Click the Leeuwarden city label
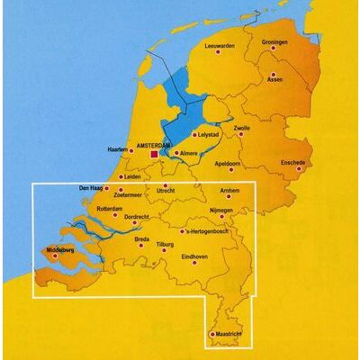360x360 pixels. click(219, 45)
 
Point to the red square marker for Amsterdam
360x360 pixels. click(154, 154)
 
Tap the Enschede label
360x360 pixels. click(293, 163)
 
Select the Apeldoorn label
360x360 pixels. click(231, 164)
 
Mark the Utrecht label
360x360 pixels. click(166, 191)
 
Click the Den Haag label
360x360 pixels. click(91, 188)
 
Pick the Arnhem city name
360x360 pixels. click(231, 191)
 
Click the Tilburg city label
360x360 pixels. click(166, 243)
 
